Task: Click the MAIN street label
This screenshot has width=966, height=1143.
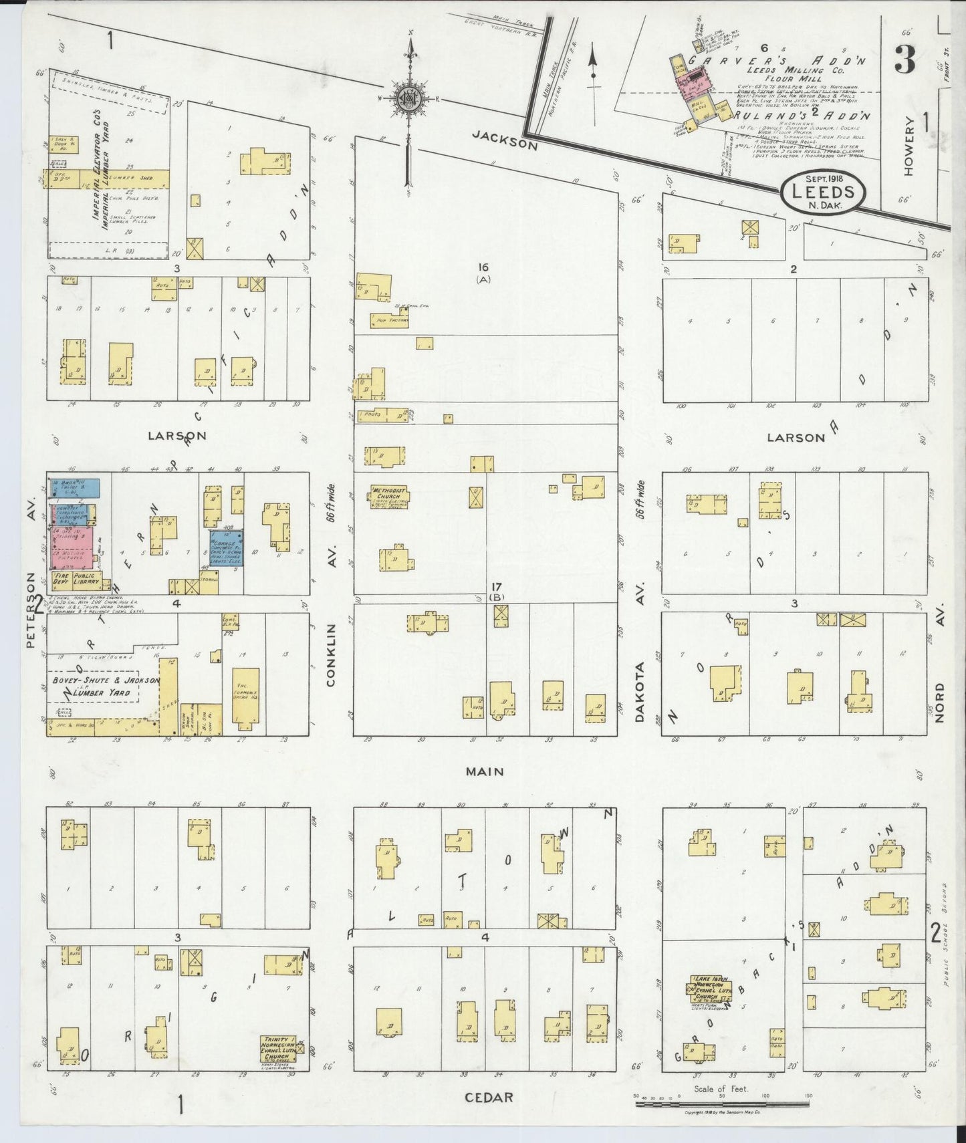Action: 485,771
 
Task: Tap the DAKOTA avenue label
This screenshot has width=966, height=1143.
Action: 640,692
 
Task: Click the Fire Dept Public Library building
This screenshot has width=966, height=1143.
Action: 74,579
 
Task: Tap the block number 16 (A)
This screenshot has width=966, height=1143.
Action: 483,272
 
